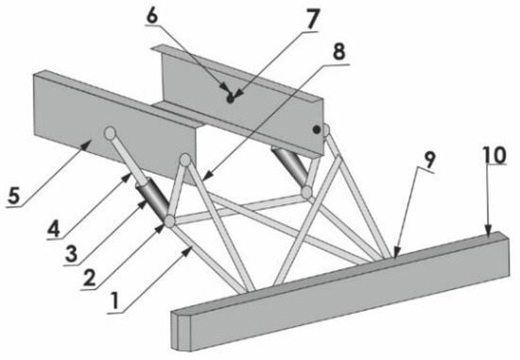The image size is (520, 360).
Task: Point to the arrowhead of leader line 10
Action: coord(486,230)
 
